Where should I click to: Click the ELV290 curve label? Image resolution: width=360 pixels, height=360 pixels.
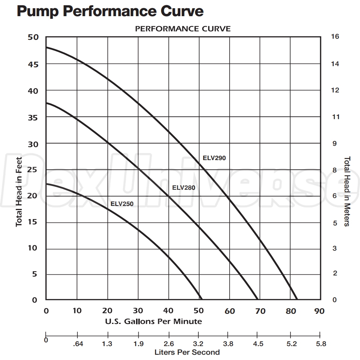coord(214,158)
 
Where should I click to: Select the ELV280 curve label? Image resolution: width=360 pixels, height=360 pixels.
coord(183,188)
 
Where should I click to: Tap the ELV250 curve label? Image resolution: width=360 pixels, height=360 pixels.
coord(122,204)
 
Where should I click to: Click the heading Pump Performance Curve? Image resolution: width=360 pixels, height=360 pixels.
coord(110,11)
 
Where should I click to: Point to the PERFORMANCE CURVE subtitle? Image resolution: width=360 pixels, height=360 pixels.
coord(183,29)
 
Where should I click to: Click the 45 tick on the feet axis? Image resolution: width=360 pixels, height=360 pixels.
coord(33,64)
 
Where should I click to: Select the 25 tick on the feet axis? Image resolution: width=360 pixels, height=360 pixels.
coord(33,170)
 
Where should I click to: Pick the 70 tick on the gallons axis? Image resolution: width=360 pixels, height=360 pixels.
coord(260,311)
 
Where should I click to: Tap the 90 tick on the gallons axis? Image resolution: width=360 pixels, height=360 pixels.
coord(319,311)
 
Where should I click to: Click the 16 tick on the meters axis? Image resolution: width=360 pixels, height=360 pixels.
coord(335,37)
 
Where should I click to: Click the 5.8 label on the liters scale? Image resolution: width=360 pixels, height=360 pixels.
coord(321,344)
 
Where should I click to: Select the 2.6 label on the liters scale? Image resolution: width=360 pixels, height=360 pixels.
coord(169,344)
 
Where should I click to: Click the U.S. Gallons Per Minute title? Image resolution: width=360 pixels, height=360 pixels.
coord(153,321)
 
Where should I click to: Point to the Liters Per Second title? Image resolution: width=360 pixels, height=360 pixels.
coord(187,352)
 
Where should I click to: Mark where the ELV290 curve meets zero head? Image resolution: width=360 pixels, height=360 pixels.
coord(297,299)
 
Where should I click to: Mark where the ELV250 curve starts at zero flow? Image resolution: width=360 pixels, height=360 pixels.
coord(46,184)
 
